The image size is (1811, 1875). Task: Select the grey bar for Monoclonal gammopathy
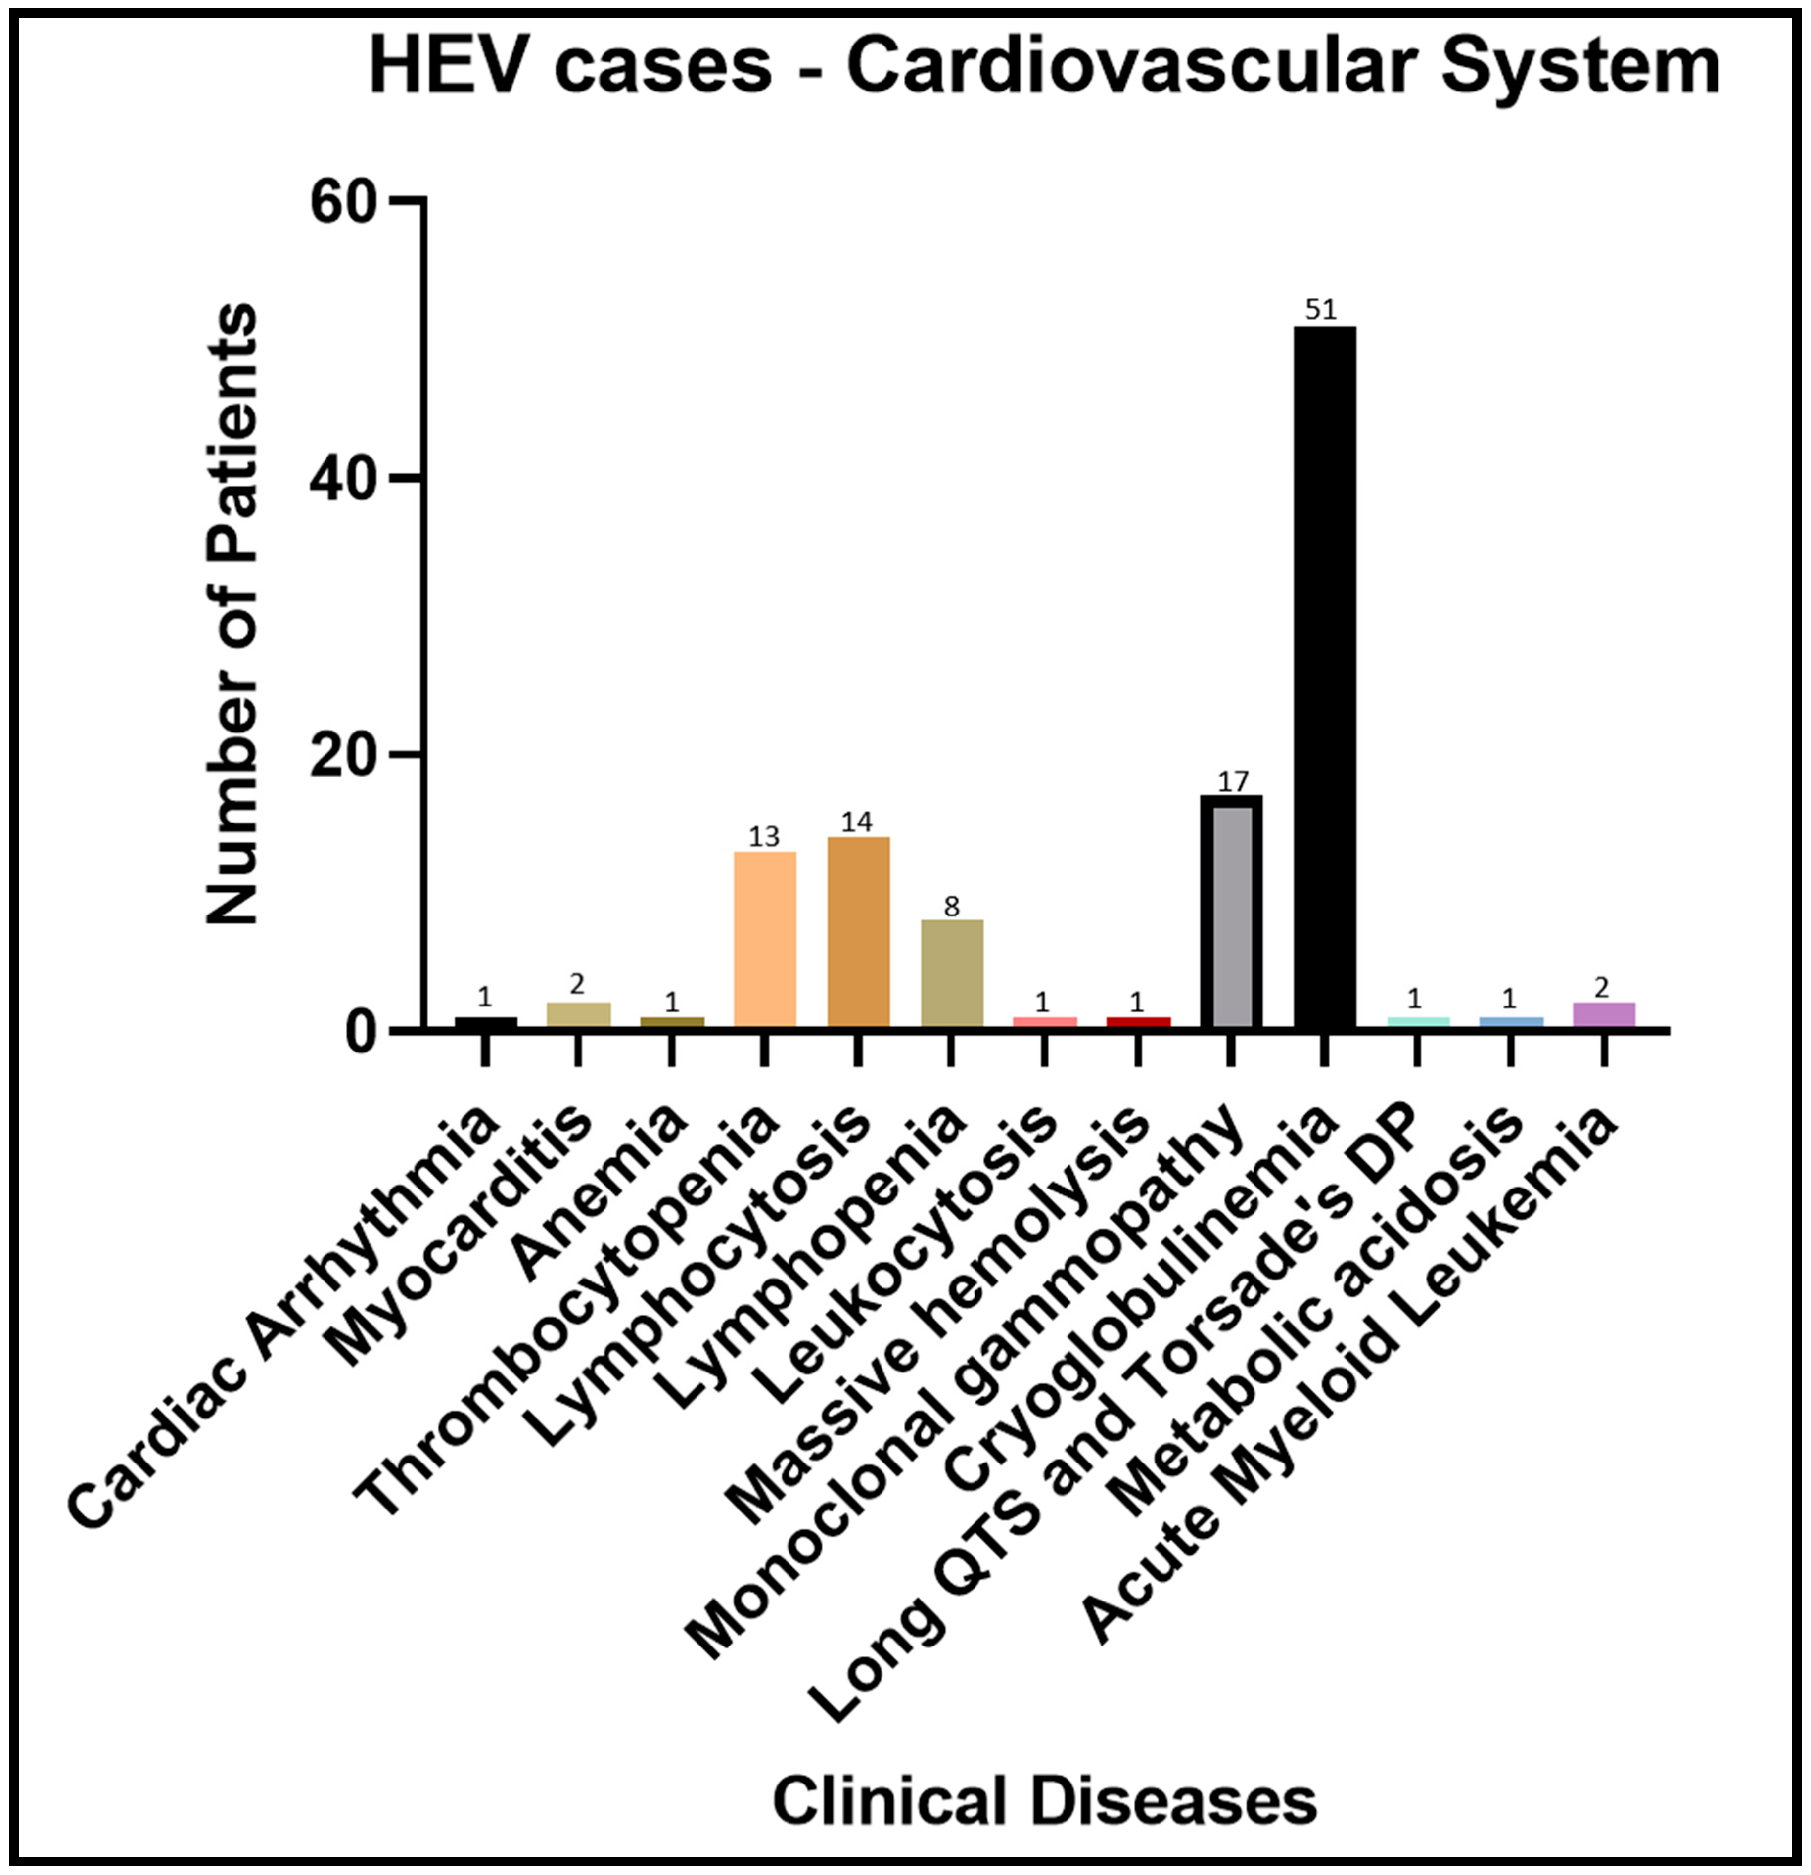click(x=1231, y=914)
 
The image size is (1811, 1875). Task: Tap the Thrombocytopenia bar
click(x=764, y=939)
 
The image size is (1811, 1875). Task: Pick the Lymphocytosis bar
click(x=858, y=933)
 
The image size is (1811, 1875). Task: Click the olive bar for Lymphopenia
click(x=951, y=974)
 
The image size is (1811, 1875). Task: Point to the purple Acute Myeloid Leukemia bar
click(x=1603, y=1015)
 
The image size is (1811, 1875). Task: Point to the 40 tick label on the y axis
click(x=344, y=478)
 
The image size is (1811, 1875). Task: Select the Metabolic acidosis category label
click(x=1320, y=1311)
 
